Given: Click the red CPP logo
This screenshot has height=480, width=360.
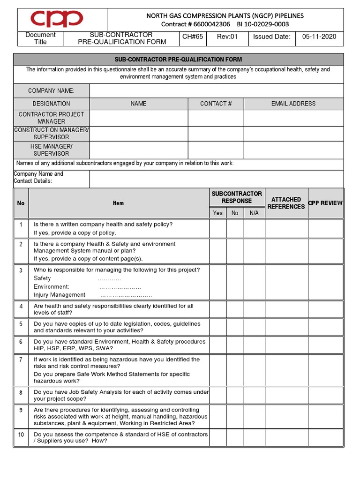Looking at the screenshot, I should click(57, 20).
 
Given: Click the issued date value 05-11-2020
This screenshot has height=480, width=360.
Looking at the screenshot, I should click(319, 37).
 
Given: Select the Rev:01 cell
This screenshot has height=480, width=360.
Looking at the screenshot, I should click(228, 37).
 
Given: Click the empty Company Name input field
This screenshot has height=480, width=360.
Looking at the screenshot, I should click(216, 90).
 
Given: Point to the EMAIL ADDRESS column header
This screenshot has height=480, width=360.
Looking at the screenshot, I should click(293, 104).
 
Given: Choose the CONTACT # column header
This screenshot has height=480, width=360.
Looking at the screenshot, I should click(216, 104).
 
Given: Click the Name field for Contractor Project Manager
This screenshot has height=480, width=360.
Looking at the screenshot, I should click(139, 118).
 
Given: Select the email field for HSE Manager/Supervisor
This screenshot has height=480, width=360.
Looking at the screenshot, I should click(293, 150).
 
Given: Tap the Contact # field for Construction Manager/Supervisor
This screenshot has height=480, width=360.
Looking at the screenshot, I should click(216, 134).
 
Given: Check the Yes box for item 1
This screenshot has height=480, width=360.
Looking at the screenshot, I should click(217, 229).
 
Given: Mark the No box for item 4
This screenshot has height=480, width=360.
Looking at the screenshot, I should click(235, 309).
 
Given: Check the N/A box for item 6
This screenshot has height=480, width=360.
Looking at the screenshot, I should click(254, 345).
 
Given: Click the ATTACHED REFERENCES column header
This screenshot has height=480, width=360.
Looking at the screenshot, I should click(286, 203).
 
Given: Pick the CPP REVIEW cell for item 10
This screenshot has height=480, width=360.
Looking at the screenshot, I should click(325, 438).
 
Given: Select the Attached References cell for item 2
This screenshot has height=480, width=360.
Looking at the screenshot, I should click(286, 251).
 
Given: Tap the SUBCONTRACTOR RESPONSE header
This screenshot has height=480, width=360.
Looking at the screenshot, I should click(237, 197).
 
